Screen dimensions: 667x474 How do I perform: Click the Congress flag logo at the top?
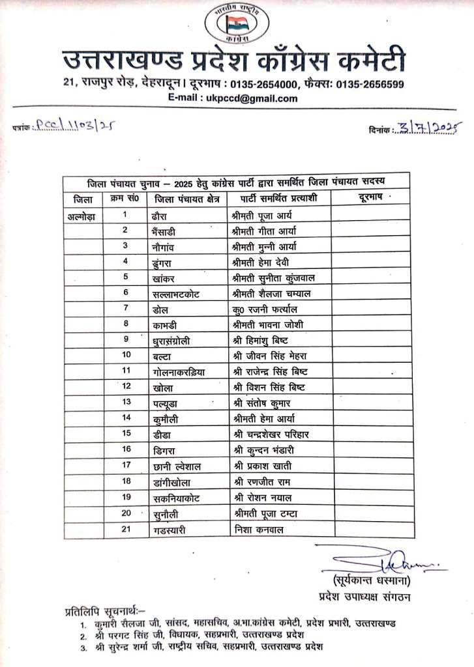236,25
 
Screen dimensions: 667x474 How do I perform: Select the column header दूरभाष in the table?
371,197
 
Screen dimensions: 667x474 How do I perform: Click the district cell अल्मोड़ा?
82,214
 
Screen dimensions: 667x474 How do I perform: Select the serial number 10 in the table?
126,355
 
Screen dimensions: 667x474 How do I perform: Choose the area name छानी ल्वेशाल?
176,466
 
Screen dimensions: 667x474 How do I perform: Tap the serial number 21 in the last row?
126,530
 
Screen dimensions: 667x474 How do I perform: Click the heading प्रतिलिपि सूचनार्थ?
106,612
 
